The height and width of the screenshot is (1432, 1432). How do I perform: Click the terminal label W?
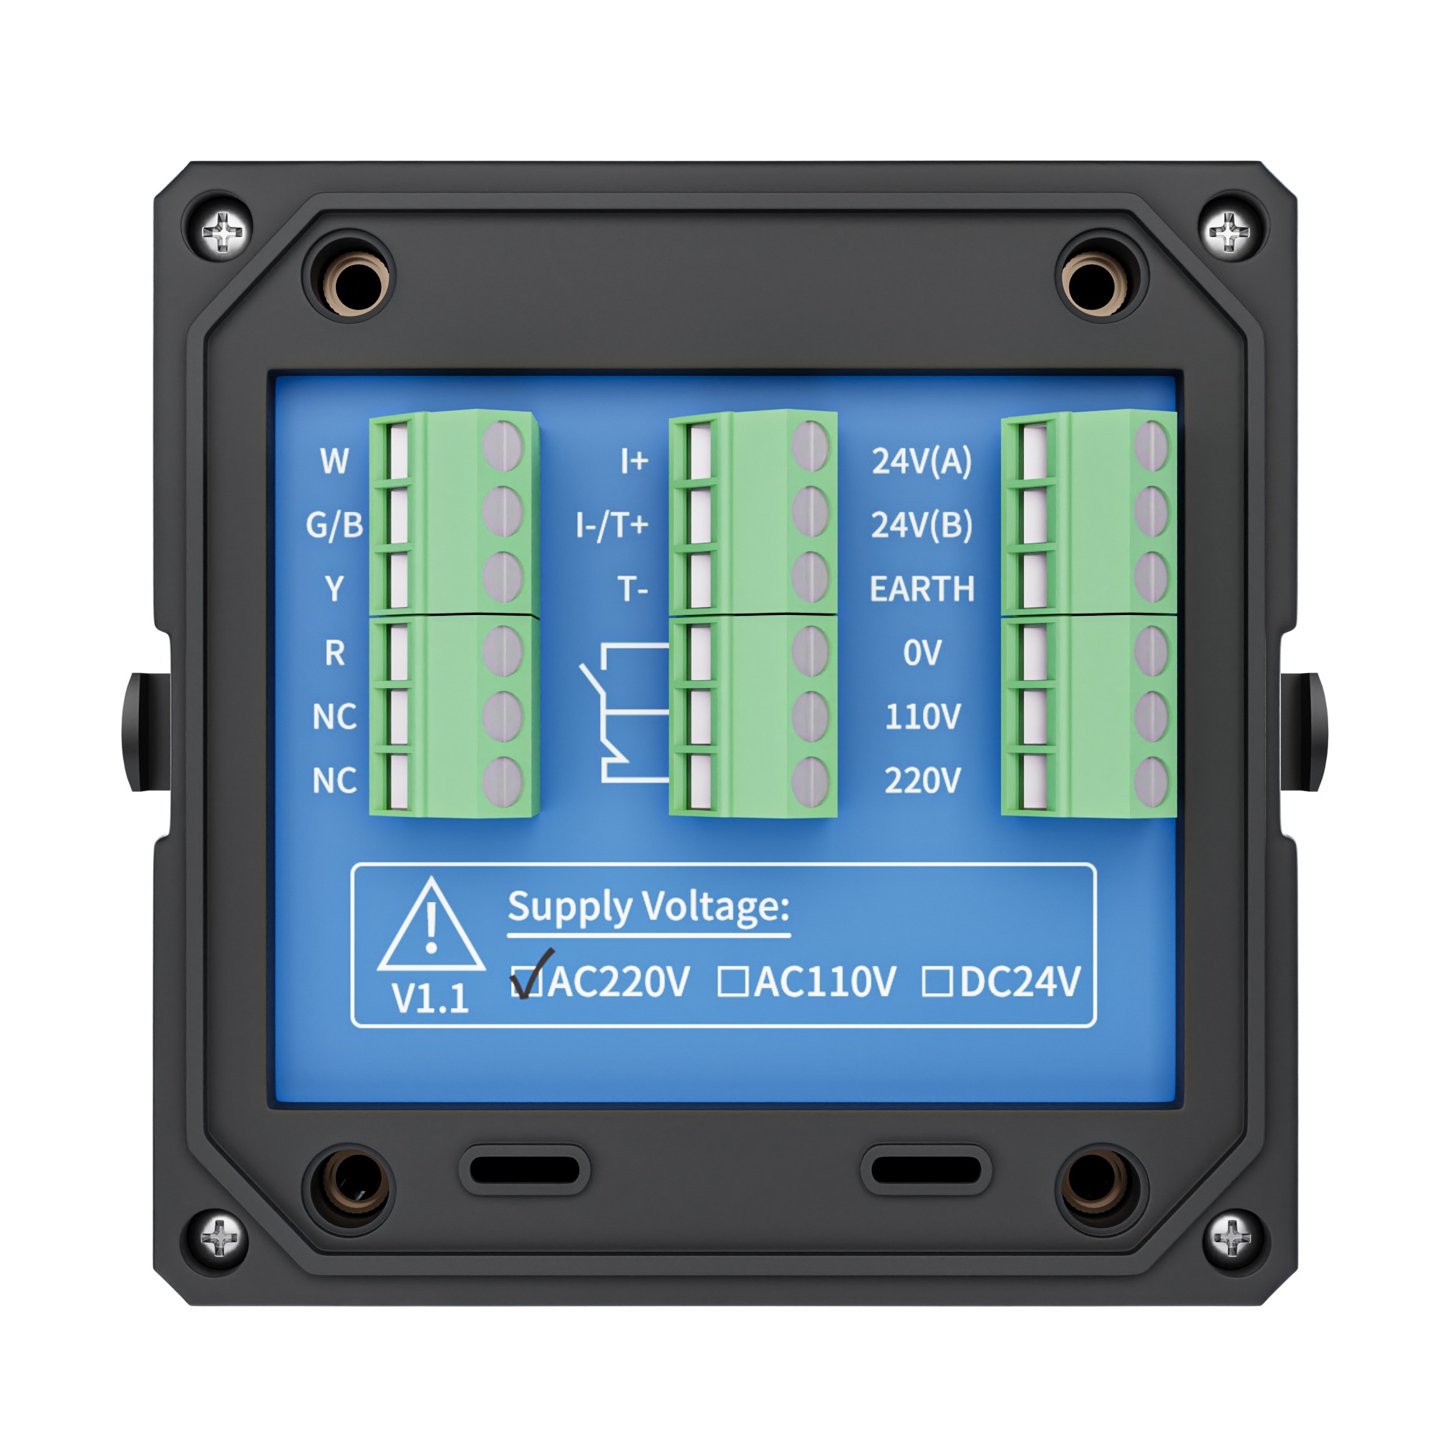334,461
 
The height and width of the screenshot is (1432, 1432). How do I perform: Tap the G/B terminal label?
334,525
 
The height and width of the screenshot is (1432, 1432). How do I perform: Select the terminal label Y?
334,589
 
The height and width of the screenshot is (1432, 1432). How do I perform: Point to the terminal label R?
334,653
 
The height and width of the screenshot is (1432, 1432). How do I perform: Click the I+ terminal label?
634,461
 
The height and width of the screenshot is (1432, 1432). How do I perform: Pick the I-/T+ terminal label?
612,525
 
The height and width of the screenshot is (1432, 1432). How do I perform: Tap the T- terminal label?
633,589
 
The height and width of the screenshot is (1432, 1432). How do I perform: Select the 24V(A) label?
921,461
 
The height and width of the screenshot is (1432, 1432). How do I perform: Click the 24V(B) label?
921,525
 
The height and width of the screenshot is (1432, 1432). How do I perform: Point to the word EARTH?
922,589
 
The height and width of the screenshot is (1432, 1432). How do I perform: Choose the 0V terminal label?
922,653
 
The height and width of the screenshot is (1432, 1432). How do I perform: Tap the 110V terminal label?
923,717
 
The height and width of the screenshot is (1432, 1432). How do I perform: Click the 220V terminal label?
923,780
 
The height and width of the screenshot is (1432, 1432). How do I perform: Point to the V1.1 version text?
430,998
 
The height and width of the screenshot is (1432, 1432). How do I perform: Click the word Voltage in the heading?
715,906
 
